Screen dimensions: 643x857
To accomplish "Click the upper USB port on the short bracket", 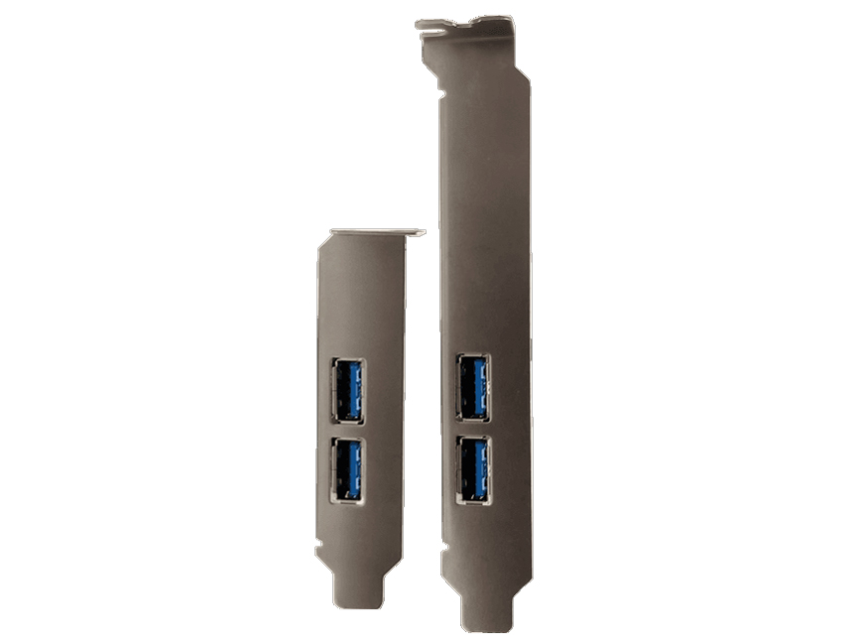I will [346, 391].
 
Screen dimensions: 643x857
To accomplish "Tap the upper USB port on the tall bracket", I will [473, 386].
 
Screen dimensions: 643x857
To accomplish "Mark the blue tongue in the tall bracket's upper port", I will [480, 386].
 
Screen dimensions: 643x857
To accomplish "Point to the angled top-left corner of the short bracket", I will [321, 243].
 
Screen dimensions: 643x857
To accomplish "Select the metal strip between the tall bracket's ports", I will [473, 428].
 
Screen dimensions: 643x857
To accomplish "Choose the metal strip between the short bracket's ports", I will [346, 430].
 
